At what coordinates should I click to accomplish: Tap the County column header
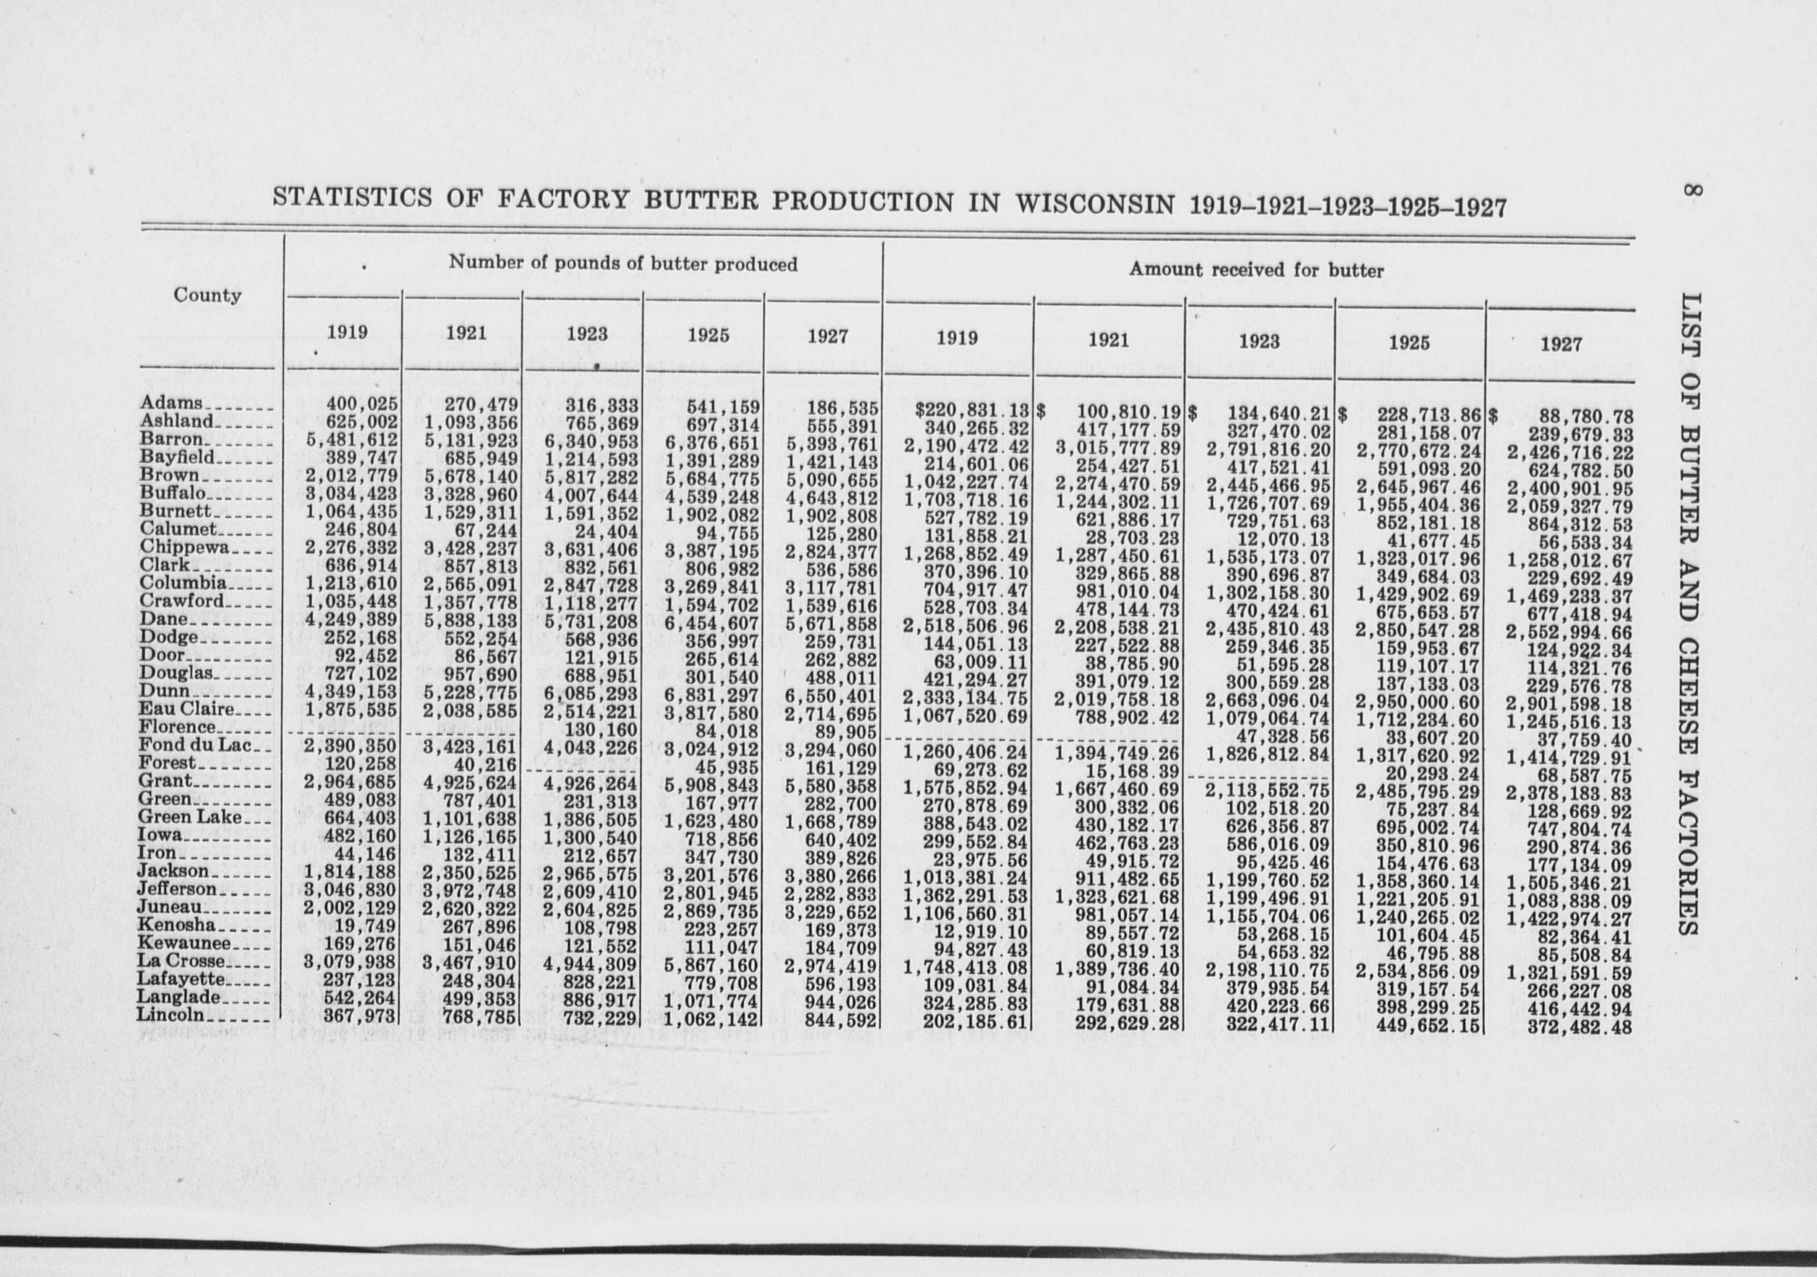click(x=208, y=295)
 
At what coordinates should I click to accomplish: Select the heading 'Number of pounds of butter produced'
click(x=623, y=264)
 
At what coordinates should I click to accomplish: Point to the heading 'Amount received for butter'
click(x=1256, y=270)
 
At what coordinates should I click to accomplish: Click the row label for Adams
click(x=172, y=403)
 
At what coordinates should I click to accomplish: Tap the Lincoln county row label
click(x=171, y=1014)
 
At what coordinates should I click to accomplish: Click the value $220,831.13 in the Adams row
click(x=971, y=411)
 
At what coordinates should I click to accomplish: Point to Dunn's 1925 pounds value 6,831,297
click(x=713, y=695)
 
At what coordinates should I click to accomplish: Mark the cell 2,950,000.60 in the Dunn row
click(x=1416, y=702)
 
